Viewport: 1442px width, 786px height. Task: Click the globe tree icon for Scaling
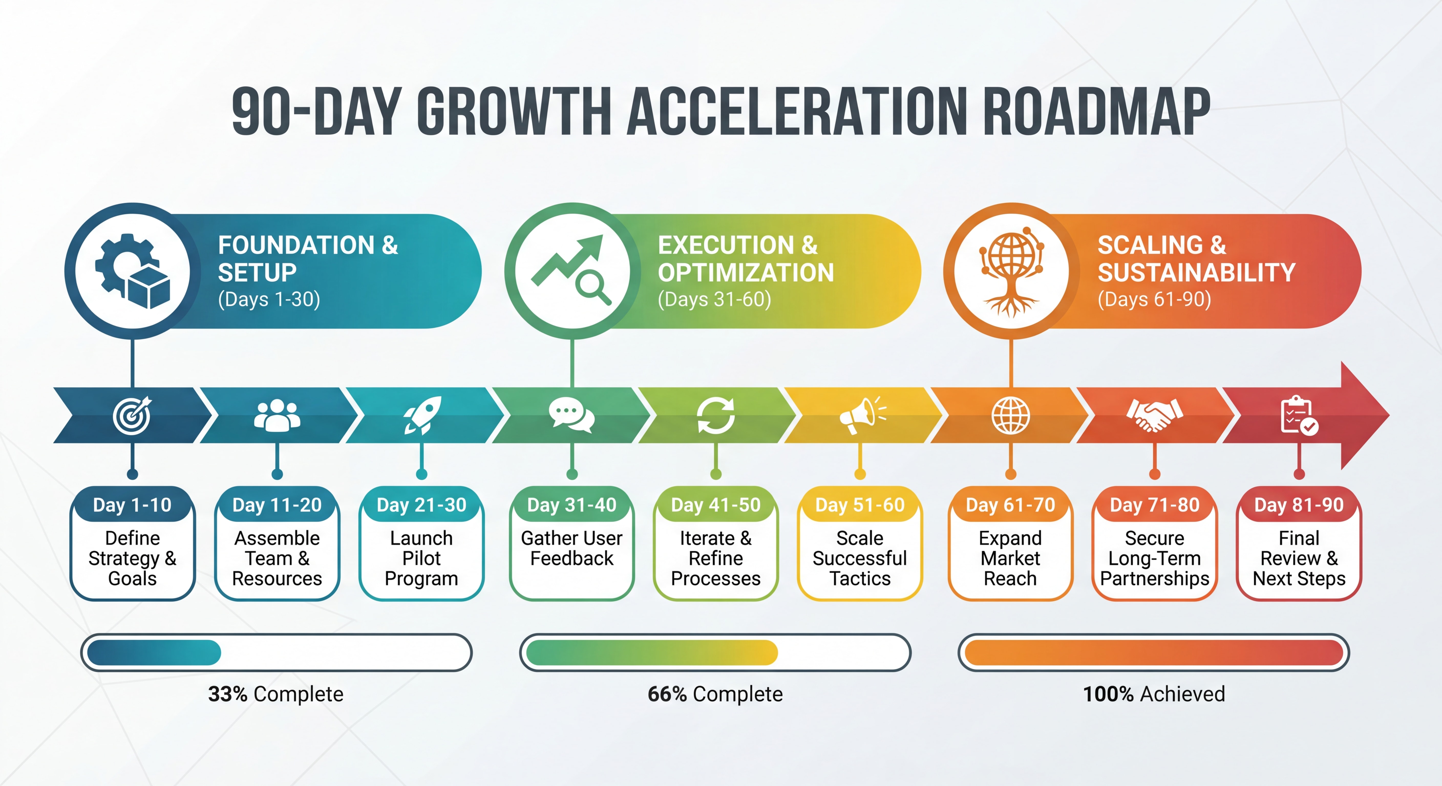[1011, 271]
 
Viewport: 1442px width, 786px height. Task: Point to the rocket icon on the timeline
[422, 415]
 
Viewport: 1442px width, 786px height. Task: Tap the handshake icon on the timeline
[1154, 415]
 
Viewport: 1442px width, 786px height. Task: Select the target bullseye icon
[132, 415]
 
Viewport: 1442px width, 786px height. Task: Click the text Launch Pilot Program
[421, 558]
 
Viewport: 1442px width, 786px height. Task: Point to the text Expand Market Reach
[1010, 558]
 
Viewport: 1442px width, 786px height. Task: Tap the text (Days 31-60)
[714, 299]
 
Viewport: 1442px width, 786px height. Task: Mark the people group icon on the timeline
[277, 415]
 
